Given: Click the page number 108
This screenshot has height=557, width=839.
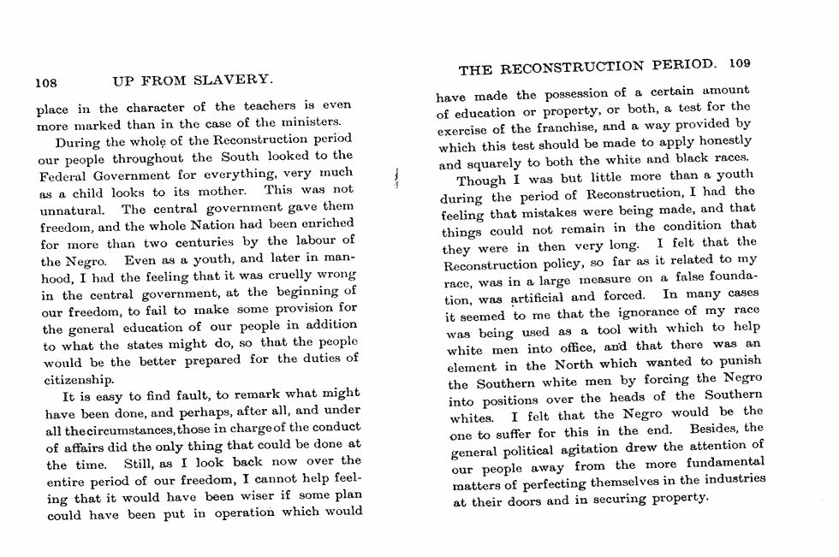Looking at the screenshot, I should (45, 83).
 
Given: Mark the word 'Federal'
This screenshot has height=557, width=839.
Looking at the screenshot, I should (68, 175).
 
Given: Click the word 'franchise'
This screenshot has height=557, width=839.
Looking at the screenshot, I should (568, 127).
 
